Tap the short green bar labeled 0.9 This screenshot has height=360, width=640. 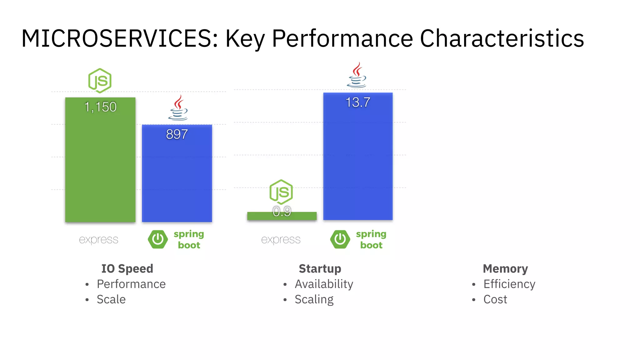coord(282,216)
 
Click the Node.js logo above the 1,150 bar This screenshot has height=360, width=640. coord(100,81)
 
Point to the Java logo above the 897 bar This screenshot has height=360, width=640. coord(178,108)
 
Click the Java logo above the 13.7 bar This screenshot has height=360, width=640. coord(357,75)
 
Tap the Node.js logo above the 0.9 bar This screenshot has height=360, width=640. coord(281,192)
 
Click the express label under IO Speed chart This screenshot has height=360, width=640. coord(98,240)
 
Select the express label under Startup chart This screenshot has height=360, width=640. coord(281,240)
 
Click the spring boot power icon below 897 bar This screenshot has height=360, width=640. coord(158,239)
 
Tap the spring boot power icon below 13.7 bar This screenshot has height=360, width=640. coord(340,239)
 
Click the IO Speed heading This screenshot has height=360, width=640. coord(127,269)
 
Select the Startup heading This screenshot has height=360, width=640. coord(320,269)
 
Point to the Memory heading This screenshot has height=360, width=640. coord(505,269)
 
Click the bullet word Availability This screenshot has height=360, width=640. coord(324,284)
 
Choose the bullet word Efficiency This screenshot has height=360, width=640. coord(509,284)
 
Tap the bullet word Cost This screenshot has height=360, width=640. coord(495,299)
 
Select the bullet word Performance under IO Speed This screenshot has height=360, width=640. coord(131,284)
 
